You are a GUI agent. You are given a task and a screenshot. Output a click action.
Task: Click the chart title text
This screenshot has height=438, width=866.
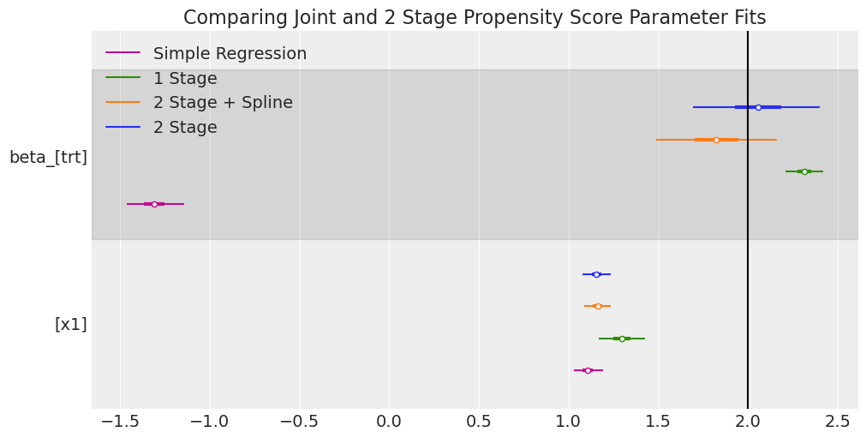(475, 18)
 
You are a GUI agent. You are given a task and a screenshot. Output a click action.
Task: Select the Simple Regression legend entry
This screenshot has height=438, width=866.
(230, 54)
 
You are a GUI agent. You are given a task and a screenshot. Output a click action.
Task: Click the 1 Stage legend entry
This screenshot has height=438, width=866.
(185, 79)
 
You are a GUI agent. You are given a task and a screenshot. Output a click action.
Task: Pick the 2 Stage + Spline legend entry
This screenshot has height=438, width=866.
(223, 103)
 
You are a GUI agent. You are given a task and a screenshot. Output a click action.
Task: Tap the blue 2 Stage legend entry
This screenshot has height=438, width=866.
(185, 128)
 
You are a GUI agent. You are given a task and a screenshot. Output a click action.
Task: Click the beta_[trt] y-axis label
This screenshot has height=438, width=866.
(49, 158)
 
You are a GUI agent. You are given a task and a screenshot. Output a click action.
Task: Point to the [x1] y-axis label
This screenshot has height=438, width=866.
(71, 324)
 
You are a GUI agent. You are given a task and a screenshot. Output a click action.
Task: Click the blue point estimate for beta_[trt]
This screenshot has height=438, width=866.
(758, 107)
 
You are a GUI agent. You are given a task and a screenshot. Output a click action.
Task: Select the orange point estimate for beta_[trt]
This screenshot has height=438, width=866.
(716, 140)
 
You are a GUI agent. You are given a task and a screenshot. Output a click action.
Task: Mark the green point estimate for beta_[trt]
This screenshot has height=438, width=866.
(804, 171)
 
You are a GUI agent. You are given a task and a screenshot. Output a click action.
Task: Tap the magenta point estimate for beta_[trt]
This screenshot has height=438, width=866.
(154, 204)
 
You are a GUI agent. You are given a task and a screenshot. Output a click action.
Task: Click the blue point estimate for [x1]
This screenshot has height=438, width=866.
(596, 274)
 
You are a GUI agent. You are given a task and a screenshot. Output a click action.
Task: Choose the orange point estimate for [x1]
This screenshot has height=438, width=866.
(598, 306)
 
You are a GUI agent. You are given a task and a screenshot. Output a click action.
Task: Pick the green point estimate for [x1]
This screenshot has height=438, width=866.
(622, 339)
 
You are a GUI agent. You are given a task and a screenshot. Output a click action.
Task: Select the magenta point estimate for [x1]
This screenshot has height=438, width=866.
(588, 370)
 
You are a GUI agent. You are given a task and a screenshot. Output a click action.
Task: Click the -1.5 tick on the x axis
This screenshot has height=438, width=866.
(120, 422)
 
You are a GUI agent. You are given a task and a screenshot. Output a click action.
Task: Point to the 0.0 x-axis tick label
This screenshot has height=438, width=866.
(389, 422)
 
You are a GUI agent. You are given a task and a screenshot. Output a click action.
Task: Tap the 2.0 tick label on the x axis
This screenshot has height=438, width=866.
(748, 422)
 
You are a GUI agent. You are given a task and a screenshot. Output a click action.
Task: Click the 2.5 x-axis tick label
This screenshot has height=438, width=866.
(837, 422)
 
